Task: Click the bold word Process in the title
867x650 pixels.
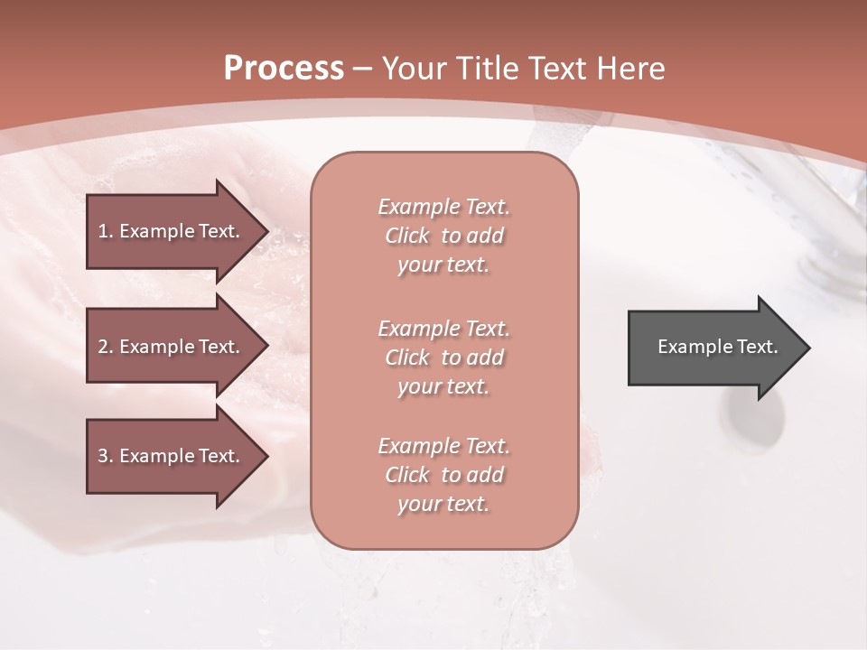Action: (x=284, y=69)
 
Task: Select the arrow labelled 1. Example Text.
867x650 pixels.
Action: (x=172, y=231)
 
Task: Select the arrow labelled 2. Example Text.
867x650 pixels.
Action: (x=172, y=347)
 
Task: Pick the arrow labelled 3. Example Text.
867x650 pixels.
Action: (x=172, y=456)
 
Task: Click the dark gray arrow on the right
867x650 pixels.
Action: (x=713, y=347)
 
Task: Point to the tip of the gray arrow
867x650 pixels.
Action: (x=808, y=348)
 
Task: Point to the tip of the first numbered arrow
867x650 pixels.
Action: (x=266, y=232)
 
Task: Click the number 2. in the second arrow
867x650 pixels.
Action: (x=106, y=347)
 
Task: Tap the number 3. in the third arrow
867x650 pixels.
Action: (x=106, y=456)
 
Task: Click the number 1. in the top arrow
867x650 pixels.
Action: (x=106, y=231)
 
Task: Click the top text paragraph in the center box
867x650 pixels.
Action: (x=443, y=236)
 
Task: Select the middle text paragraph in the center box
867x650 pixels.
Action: (x=443, y=357)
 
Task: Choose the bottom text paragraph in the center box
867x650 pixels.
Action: (x=443, y=475)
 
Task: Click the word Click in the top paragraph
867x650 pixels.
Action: (x=407, y=237)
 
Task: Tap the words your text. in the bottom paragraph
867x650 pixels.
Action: (x=443, y=505)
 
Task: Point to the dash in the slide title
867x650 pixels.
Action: (x=363, y=69)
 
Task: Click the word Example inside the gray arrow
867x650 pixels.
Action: (x=690, y=347)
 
